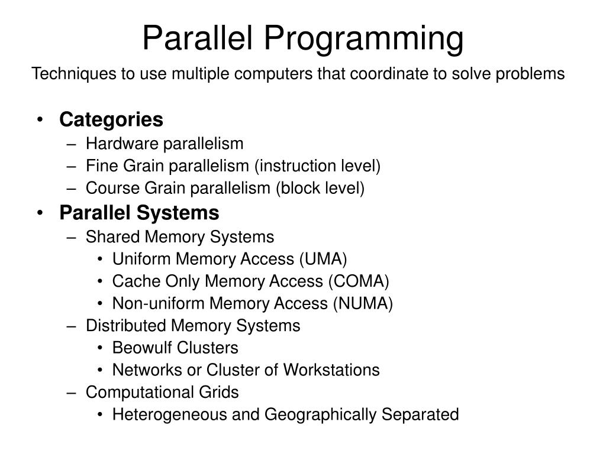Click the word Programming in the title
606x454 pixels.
point(363,38)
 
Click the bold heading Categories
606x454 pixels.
point(111,119)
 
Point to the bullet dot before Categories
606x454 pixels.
point(39,120)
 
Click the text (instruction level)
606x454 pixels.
point(317,166)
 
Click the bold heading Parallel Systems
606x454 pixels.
point(139,212)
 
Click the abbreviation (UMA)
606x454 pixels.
point(323,259)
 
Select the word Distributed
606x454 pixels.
point(127,326)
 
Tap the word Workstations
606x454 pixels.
point(331,370)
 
